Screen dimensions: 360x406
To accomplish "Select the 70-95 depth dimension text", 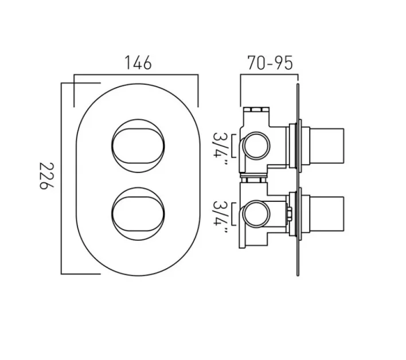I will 270,62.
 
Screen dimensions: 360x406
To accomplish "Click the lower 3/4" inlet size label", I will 221,217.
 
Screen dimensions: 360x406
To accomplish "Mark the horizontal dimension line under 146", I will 136,75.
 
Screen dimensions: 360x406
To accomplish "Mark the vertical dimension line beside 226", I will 61,178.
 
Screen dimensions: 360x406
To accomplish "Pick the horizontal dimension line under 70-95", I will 270,75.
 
